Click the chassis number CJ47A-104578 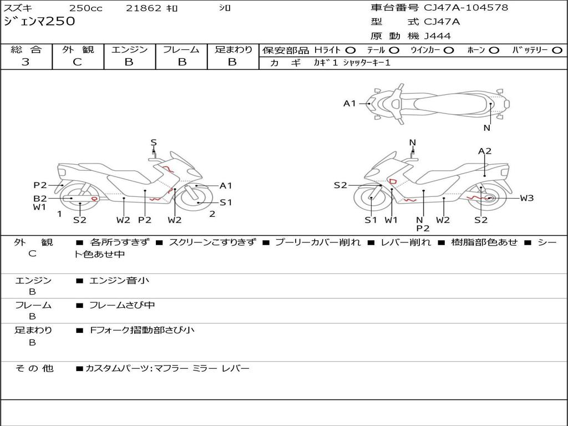[466, 8]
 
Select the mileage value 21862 [144, 8]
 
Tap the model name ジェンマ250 [39, 22]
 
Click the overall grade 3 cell [26, 62]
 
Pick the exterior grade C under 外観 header [78, 62]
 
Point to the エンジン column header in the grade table [129, 50]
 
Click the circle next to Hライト [351, 50]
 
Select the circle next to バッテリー [557, 50]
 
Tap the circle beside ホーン [494, 50]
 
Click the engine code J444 [438, 36]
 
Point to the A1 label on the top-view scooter [349, 103]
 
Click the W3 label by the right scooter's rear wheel [526, 198]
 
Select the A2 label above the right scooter [485, 151]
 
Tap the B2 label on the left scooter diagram [40, 198]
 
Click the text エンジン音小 [119, 281]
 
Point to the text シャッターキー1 [367, 63]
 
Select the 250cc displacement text [85, 8]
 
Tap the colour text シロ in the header [224, 8]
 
